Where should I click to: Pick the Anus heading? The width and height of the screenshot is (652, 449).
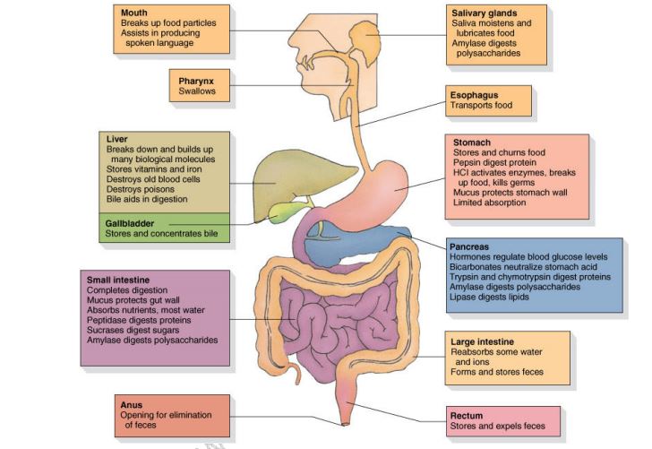pyautogui.click(x=131, y=405)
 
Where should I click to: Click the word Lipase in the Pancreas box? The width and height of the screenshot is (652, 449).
pyautogui.click(x=464, y=297)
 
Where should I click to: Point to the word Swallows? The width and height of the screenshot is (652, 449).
pyautogui.click(x=196, y=91)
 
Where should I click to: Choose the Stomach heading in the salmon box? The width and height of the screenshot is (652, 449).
pyautogui.click(x=473, y=142)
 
